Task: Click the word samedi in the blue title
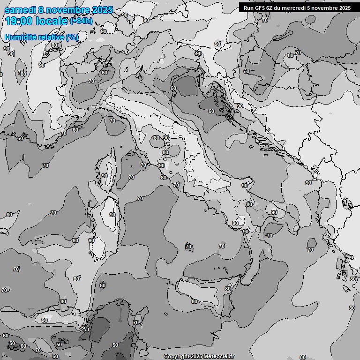click(x=19, y=10)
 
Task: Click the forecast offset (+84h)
click(x=81, y=21)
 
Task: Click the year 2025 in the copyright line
click(x=196, y=356)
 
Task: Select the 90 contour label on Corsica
click(x=104, y=176)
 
